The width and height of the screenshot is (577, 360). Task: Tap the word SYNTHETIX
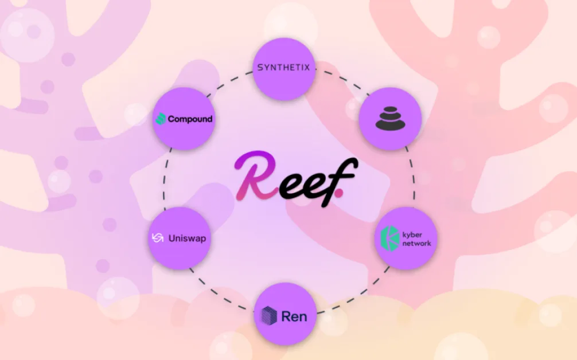(283, 68)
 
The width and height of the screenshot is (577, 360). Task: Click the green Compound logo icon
(161, 119)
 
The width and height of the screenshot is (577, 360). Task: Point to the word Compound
(190, 119)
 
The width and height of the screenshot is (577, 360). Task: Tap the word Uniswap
(187, 238)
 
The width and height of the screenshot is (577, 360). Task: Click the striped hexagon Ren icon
(269, 316)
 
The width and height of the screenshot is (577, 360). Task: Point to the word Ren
(294, 316)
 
